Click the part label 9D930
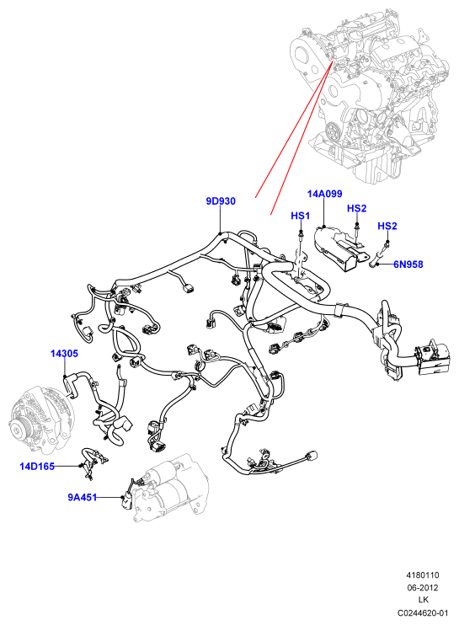coord(221,201)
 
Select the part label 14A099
coord(325,194)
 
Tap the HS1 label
coord(300,216)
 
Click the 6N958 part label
coord(408,264)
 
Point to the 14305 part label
coord(64,353)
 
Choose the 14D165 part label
coord(37,466)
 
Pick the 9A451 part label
coord(82,497)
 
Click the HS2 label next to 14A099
coord(356,208)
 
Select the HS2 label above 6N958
coord(387,226)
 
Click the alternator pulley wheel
coord(19,430)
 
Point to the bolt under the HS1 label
coord(300,235)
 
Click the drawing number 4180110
coord(422,575)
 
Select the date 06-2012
coord(422,588)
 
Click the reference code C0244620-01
coord(422,612)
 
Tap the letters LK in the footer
coord(423,600)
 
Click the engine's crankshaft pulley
coord(332,131)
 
